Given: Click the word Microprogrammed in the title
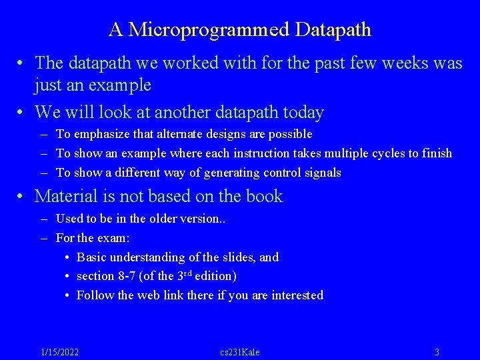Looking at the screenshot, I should pyautogui.click(x=209, y=30).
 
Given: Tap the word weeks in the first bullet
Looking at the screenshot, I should pyautogui.click(x=405, y=63).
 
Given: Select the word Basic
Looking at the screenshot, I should pyautogui.click(x=91, y=257).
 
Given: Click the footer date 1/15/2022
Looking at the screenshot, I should pyautogui.click(x=59, y=352).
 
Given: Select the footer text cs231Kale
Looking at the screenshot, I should pyautogui.click(x=240, y=352).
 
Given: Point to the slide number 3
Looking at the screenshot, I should pyautogui.click(x=437, y=352).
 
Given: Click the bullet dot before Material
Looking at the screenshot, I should pyautogui.click(x=22, y=197).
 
